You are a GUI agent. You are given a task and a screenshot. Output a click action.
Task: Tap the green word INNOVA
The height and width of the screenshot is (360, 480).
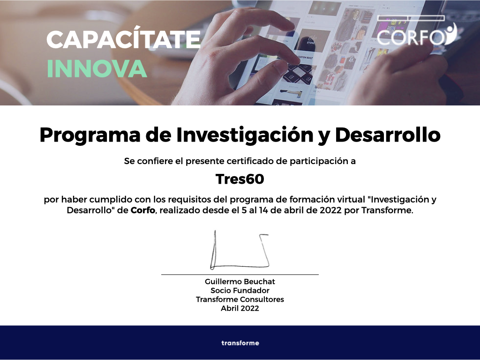[x=97, y=68]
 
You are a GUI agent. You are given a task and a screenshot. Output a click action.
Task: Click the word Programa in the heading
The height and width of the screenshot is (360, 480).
[x=90, y=135]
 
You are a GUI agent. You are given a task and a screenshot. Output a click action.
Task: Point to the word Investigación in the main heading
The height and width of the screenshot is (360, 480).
[x=245, y=135]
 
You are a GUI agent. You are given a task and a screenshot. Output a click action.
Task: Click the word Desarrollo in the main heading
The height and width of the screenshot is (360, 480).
[x=388, y=135]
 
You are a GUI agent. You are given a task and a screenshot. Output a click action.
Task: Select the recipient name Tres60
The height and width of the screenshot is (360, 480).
[x=240, y=179]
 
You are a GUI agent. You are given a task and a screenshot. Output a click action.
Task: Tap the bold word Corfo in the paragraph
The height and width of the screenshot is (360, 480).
[x=142, y=210]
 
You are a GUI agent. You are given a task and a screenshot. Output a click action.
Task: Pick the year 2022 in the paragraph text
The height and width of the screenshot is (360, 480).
[x=330, y=210]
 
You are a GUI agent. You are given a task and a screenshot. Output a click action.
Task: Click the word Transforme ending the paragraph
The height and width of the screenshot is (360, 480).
[x=387, y=210]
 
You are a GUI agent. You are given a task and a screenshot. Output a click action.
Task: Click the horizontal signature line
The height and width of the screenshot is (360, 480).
[x=240, y=275]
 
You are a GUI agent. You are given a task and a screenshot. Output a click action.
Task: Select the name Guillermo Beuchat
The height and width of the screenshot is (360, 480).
[x=240, y=282]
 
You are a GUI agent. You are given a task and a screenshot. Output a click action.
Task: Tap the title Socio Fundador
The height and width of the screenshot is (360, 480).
[x=240, y=291]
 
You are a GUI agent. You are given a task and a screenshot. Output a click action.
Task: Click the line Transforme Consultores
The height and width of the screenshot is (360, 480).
[x=240, y=300]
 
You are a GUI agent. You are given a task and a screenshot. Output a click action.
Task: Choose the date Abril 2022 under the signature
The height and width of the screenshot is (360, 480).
[x=240, y=308]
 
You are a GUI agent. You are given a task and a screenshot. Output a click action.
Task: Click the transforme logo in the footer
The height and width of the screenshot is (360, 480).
[x=240, y=343]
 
